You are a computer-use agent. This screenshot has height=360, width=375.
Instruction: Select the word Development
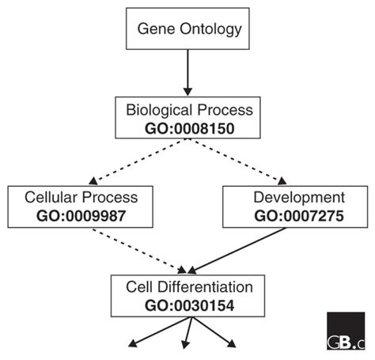click(x=298, y=198)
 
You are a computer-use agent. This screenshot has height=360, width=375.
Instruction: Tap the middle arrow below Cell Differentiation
click(x=187, y=334)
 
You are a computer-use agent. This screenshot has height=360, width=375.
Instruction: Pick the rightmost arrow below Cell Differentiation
click(x=222, y=334)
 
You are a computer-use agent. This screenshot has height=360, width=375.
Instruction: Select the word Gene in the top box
click(x=155, y=29)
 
